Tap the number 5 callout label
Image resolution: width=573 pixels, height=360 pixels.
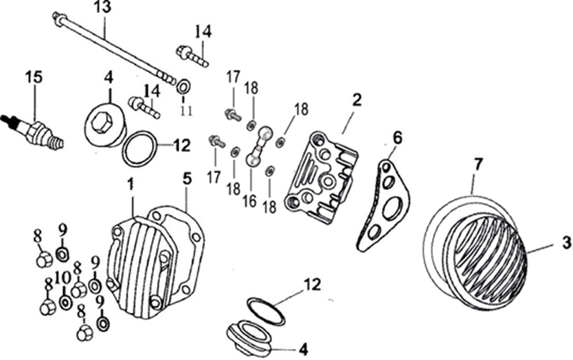[186, 177]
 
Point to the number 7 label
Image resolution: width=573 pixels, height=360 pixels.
[478, 164]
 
